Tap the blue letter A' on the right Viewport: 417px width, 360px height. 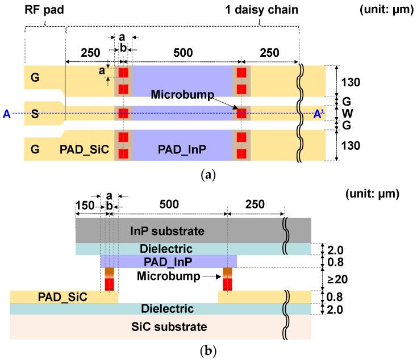coord(320,114)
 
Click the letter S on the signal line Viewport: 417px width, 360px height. coord(35,114)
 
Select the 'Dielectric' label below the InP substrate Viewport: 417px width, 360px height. coord(169,249)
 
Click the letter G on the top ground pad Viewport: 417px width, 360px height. coord(35,78)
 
